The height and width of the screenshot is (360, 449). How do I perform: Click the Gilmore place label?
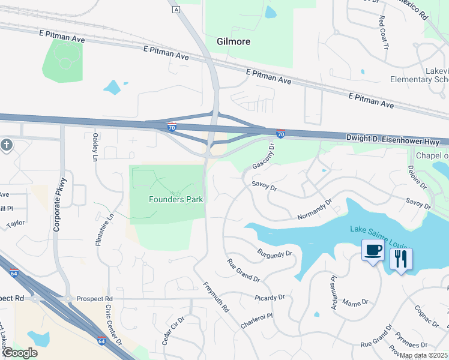click(233, 41)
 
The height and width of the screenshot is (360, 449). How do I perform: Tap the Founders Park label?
click(176, 199)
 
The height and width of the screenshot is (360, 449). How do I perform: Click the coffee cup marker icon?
click(373, 250)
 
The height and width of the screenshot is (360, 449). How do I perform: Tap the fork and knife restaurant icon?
click(401, 259)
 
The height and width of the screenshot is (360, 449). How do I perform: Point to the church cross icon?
click(7, 146)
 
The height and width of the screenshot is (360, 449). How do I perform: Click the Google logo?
click(19, 353)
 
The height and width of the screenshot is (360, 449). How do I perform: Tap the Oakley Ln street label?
click(95, 147)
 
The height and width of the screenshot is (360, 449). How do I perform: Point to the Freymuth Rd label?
click(216, 297)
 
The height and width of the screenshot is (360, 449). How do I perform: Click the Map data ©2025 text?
click(423, 355)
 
